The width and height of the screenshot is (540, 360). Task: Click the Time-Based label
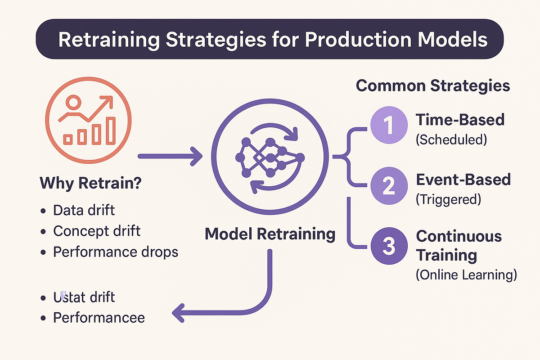click(x=460, y=120)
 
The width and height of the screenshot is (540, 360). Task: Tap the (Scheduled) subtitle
click(x=451, y=139)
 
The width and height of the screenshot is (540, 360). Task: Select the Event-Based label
click(x=463, y=180)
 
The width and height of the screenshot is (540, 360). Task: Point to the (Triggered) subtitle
click(x=448, y=199)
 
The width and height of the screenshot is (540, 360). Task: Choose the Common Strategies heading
click(x=433, y=85)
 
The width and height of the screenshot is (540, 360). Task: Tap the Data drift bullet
click(x=83, y=210)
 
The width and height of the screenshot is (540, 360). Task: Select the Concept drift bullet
click(x=97, y=231)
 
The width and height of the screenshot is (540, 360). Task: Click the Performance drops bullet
click(x=116, y=252)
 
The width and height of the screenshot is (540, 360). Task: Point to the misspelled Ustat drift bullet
click(x=84, y=297)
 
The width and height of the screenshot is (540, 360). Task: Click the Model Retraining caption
click(x=270, y=234)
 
